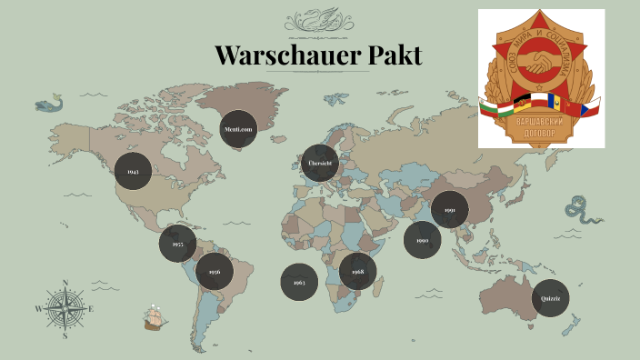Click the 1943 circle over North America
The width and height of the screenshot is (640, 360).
(x=133, y=171)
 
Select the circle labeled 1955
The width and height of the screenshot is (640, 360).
(x=177, y=245)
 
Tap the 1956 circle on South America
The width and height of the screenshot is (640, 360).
(x=215, y=271)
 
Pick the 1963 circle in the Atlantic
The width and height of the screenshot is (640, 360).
(x=299, y=282)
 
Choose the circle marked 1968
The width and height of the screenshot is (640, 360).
(x=357, y=271)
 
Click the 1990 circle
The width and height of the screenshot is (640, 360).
(x=423, y=240)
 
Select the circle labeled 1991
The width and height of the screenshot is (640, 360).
(x=450, y=210)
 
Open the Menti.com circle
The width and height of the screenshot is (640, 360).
(x=238, y=129)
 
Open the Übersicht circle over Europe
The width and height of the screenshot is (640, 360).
(x=320, y=163)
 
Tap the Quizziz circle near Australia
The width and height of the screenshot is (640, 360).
(x=550, y=298)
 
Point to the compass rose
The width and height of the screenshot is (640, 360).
(x=65, y=308)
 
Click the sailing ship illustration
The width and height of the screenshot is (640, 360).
(x=155, y=317)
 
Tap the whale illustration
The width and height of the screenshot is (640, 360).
(x=51, y=104)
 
